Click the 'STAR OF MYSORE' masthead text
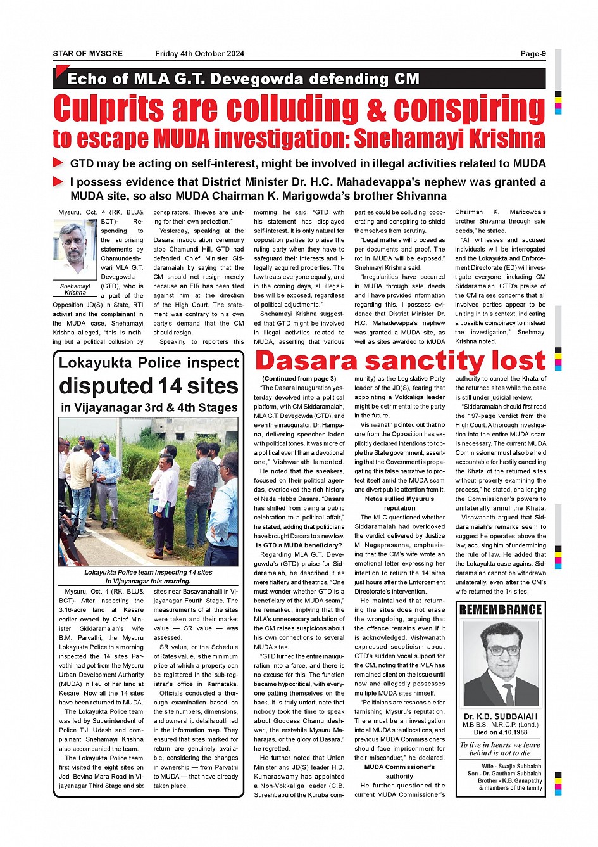coord(87,54)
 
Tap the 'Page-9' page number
coord(533,54)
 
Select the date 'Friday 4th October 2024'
coord(199,54)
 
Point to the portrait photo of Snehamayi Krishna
coord(75,250)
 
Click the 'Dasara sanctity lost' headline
coord(400,361)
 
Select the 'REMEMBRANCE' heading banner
coord(501,609)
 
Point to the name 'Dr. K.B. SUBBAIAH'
coord(501,716)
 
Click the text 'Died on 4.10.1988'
coord(501,732)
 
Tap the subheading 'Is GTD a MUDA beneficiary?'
coord(299,545)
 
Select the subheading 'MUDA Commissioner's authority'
coord(399,771)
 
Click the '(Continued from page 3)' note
coord(299,379)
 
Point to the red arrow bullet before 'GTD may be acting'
coord(58,163)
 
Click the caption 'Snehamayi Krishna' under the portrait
coord(75,290)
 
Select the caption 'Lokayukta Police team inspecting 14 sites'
coord(148,572)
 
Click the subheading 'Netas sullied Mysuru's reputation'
coord(399,504)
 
